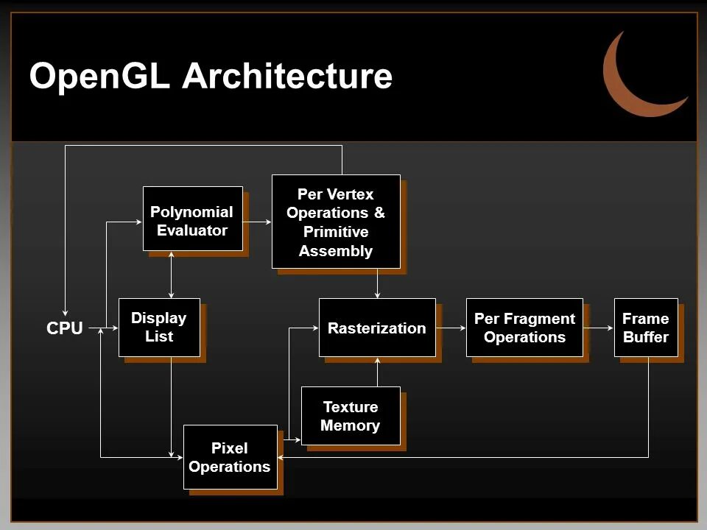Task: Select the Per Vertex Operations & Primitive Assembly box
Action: pyautogui.click(x=336, y=222)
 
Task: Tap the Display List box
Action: pyautogui.click(x=159, y=328)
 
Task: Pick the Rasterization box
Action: pyautogui.click(x=377, y=328)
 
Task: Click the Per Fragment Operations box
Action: pyautogui.click(x=524, y=328)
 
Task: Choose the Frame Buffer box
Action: pyautogui.click(x=646, y=328)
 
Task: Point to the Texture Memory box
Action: pyautogui.click(x=351, y=416)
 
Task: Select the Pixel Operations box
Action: pyautogui.click(x=230, y=457)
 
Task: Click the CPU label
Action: pyautogui.click(x=65, y=329)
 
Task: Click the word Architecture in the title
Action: pyautogui.click(x=287, y=76)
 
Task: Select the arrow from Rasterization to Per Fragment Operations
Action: pyautogui.click(x=451, y=328)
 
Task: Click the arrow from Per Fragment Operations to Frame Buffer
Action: pyautogui.click(x=599, y=328)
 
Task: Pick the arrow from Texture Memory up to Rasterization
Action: pyautogui.click(x=377, y=372)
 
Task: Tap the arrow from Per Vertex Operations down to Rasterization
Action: pyautogui.click(x=377, y=283)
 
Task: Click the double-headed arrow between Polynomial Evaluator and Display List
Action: pyautogui.click(x=171, y=274)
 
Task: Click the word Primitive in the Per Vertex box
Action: pyautogui.click(x=336, y=232)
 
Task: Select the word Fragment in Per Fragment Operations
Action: pyautogui.click(x=539, y=319)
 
